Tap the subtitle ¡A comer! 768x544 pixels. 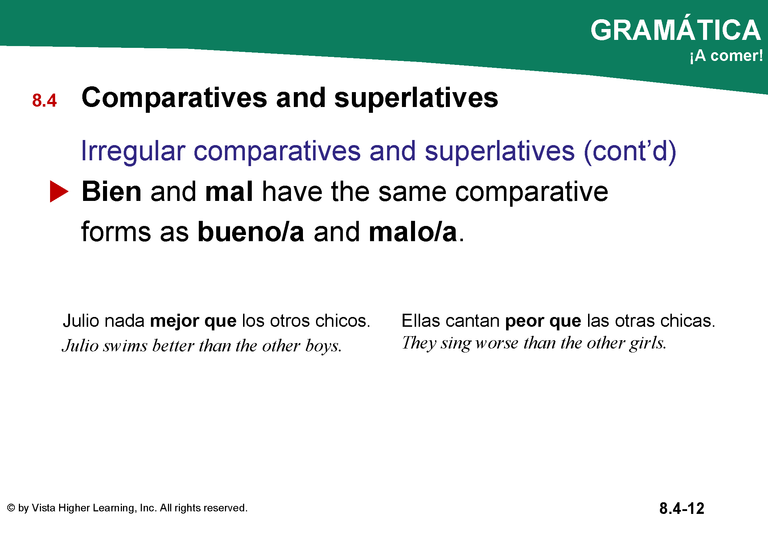click(x=726, y=56)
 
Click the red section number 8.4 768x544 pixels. click(x=44, y=100)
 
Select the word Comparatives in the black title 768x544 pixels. click(x=174, y=98)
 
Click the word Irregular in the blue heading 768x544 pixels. click(x=133, y=151)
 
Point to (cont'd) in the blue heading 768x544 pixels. click(x=630, y=151)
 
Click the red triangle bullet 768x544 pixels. click(x=59, y=191)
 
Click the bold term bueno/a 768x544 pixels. click(x=251, y=232)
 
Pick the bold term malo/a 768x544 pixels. click(x=413, y=232)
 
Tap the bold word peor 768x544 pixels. click(x=525, y=321)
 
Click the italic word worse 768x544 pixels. click(x=497, y=343)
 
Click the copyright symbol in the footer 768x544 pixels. click(x=11, y=508)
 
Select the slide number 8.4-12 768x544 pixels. click(x=682, y=508)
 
